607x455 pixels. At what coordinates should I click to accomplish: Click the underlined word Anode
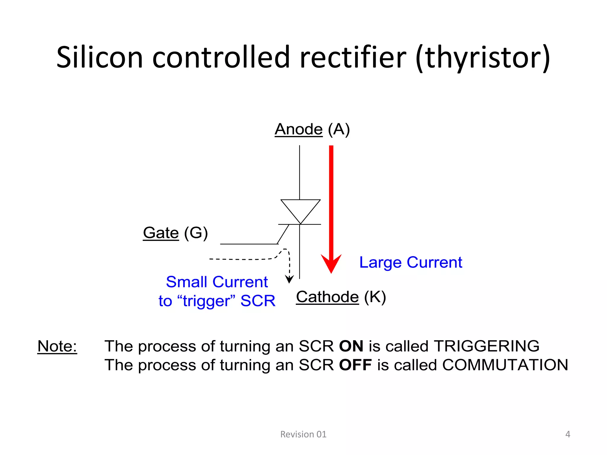(x=298, y=129)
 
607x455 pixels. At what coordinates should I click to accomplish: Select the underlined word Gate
(x=161, y=233)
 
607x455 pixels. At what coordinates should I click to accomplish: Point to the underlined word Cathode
(x=327, y=297)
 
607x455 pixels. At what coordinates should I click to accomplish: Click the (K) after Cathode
(x=375, y=297)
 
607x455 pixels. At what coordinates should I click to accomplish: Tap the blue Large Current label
(x=410, y=262)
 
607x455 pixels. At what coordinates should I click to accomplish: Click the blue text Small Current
(x=217, y=282)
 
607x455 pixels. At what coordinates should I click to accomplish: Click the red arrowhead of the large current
(x=331, y=263)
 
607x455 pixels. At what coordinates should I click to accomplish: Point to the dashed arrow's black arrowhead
(x=289, y=279)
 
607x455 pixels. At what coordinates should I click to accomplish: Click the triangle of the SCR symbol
(x=300, y=209)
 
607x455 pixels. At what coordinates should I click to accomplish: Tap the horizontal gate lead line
(x=248, y=244)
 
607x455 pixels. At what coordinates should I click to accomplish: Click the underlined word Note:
(x=57, y=346)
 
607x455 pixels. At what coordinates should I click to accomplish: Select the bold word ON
(x=351, y=346)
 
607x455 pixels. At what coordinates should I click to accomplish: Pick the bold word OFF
(x=355, y=365)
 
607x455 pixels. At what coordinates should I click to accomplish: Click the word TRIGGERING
(x=486, y=346)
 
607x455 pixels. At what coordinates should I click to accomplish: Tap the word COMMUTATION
(x=505, y=365)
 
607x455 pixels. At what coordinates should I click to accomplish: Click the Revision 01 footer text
(x=303, y=434)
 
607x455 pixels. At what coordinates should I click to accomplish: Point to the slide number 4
(x=568, y=434)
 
